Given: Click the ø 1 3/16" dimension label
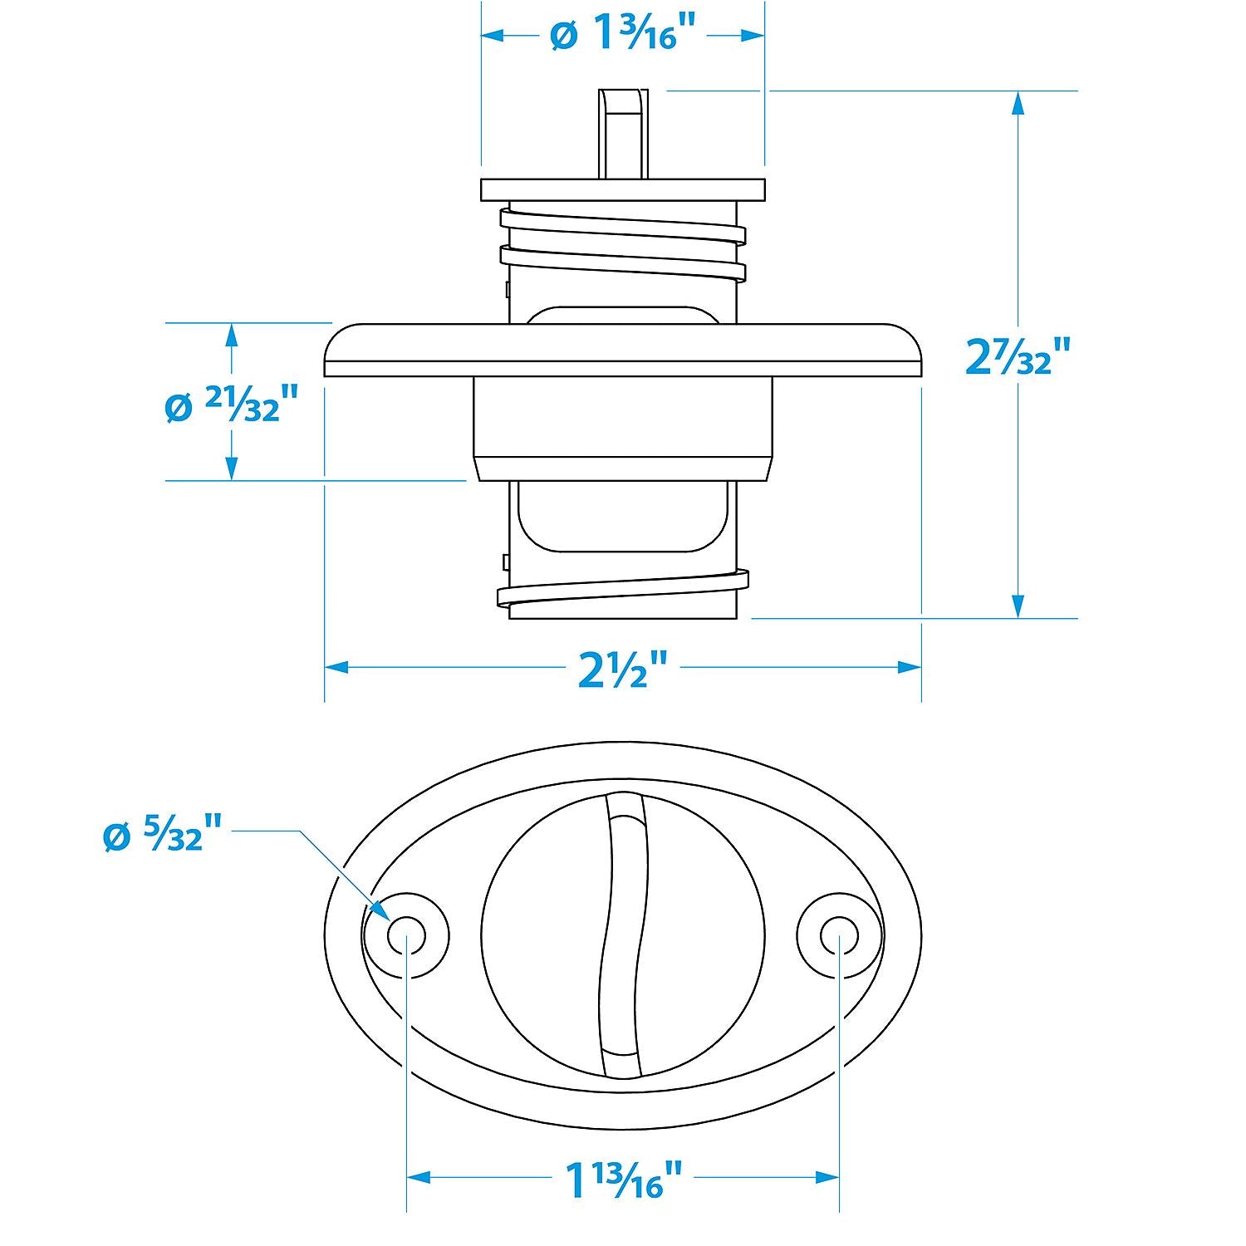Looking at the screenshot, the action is (622, 35).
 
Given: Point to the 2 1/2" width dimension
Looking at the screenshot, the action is (622, 667).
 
